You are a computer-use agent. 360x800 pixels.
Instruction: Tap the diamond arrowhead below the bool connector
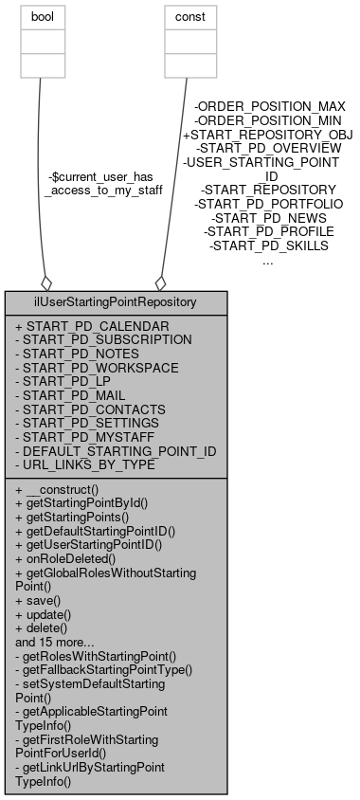point(45,282)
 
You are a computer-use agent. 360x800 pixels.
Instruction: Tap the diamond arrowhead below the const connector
point(160,282)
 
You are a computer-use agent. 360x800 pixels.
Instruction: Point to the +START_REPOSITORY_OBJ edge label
point(268,135)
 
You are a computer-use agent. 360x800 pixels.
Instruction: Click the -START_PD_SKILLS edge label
point(268,245)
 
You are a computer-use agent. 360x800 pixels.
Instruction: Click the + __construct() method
point(67,489)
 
